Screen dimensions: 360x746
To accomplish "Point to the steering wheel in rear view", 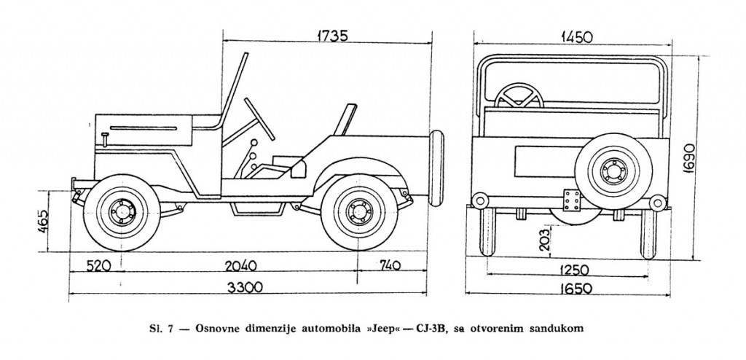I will [518, 95].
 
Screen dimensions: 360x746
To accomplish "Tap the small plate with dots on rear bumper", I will [571, 198].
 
